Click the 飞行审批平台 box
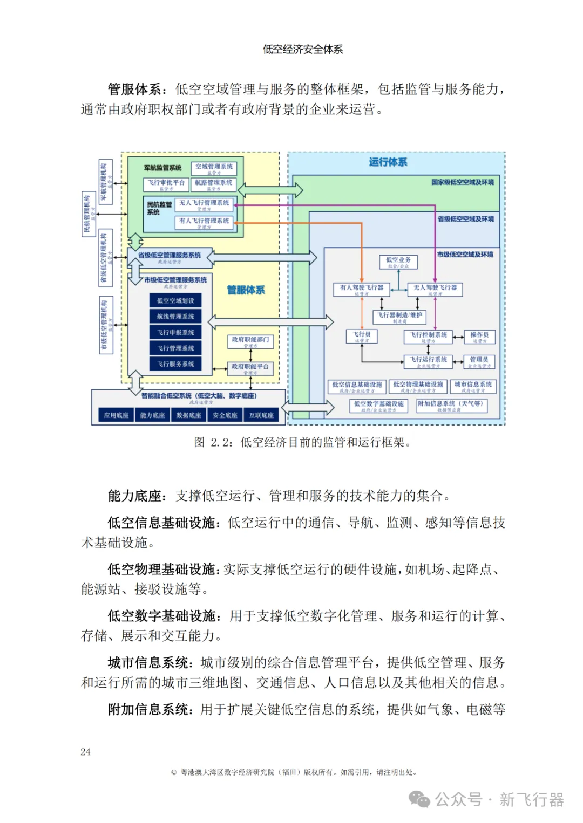click(x=166, y=184)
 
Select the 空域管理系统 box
click(x=214, y=168)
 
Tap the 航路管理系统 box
click(x=214, y=184)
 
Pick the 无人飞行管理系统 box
click(x=204, y=204)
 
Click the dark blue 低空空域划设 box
click(x=175, y=300)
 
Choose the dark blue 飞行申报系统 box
click(x=175, y=332)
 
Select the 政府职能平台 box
click(x=250, y=368)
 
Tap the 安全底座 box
click(x=225, y=415)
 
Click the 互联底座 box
click(x=261, y=415)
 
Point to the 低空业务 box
click(x=398, y=262)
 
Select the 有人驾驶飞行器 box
click(x=362, y=290)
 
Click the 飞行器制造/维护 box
click(x=399, y=317)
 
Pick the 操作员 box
click(x=479, y=337)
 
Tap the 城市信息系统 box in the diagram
click(x=473, y=386)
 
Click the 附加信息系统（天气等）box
click(x=451, y=406)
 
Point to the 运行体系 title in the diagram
click(x=388, y=162)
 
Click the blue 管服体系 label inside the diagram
click(x=246, y=290)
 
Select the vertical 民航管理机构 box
click(x=89, y=214)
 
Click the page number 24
click(x=85, y=752)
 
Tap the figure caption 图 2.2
click(x=302, y=442)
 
